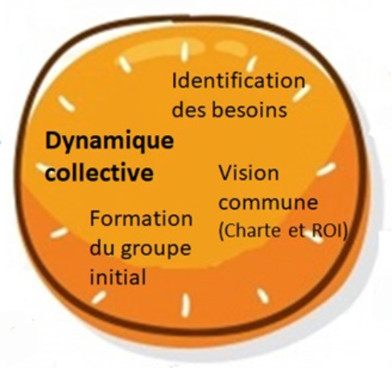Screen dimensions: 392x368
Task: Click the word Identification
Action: (238, 80)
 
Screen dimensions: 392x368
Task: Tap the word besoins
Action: (250, 109)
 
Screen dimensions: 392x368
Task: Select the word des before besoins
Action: (190, 109)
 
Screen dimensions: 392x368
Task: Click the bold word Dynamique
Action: (109, 142)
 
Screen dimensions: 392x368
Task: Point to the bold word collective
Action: (99, 172)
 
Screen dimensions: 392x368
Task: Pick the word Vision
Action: (249, 173)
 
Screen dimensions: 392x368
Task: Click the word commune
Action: (268, 202)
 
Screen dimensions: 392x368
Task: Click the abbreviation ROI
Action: (328, 231)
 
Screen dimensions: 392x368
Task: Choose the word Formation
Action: (141, 219)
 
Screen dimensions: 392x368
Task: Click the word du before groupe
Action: (103, 248)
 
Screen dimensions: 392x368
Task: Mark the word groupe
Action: (156, 250)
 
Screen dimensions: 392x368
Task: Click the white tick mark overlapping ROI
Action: (315, 236)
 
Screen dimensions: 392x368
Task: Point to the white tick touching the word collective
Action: (43, 167)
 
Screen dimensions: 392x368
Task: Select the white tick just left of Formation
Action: (59, 232)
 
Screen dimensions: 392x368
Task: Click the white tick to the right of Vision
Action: (326, 170)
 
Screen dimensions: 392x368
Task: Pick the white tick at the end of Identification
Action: (302, 93)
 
